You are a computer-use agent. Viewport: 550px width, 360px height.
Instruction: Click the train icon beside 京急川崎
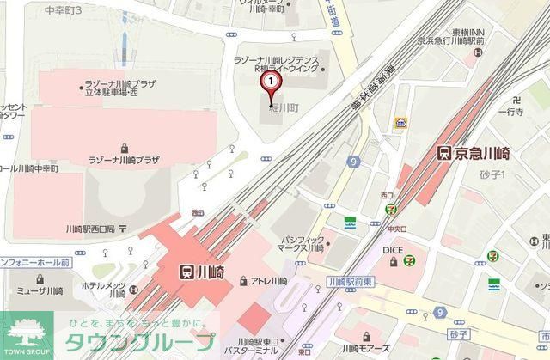tap(444, 154)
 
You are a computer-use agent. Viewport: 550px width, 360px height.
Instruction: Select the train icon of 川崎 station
tap(186, 272)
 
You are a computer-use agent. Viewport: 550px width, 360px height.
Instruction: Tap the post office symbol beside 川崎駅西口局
tap(122, 229)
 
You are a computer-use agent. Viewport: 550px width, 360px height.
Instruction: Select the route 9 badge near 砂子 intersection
tap(441, 311)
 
